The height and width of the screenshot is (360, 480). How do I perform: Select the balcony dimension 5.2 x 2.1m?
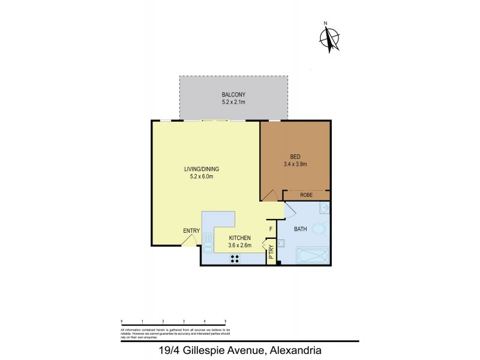(x=233, y=103)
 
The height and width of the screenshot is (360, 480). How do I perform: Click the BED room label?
(x=295, y=157)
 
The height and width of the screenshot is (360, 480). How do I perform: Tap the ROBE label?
(x=307, y=194)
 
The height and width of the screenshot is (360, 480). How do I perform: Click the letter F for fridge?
(x=271, y=229)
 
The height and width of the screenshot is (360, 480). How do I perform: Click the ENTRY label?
(x=191, y=231)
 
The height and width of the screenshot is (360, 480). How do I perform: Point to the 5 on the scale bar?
(x=225, y=322)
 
